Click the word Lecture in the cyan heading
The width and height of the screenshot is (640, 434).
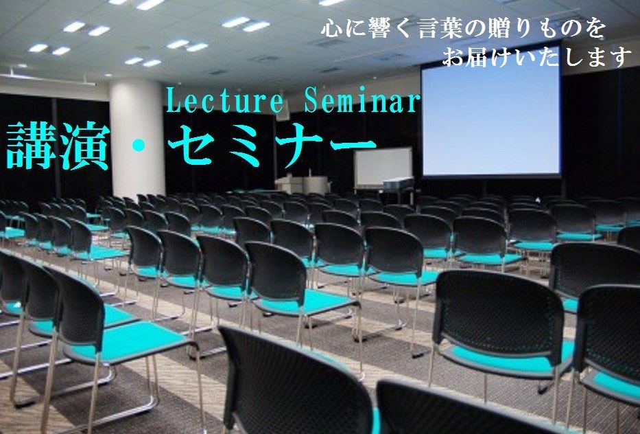(x=224, y=100)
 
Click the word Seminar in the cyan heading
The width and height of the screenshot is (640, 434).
(x=362, y=100)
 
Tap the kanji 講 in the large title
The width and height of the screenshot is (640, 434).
(x=32, y=146)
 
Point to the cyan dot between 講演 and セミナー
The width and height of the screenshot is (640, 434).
(x=139, y=145)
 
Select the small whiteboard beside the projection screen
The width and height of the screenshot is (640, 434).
(x=383, y=167)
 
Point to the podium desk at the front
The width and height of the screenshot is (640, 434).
(x=303, y=185)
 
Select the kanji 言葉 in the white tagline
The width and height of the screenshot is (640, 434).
(x=438, y=29)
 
